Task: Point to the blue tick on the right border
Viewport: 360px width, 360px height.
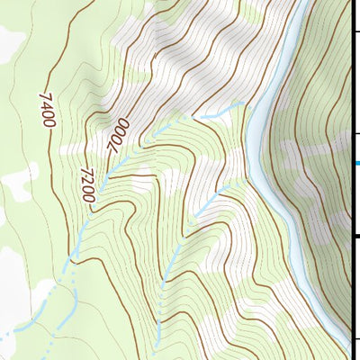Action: click(x=355, y=163)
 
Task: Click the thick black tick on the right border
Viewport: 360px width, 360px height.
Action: click(x=355, y=236)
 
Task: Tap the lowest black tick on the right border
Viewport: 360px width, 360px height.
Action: click(x=355, y=339)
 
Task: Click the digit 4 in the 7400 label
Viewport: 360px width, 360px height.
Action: click(x=47, y=104)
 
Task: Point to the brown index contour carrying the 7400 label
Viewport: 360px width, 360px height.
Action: click(x=52, y=144)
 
